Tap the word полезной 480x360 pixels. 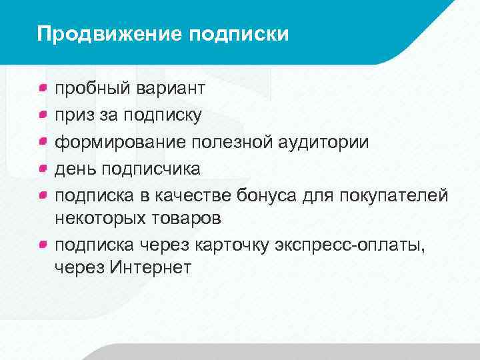click(236, 142)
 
